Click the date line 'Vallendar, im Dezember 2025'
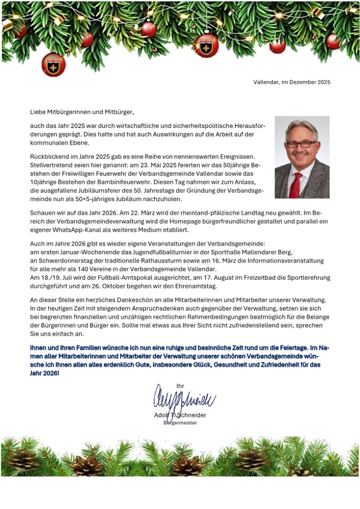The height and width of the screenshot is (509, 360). pyautogui.click(x=292, y=82)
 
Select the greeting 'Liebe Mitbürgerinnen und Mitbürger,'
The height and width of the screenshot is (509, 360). pyautogui.click(x=82, y=112)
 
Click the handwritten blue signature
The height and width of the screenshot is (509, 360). pyautogui.click(x=184, y=398)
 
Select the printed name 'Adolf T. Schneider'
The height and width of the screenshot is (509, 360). pyautogui.click(x=180, y=415)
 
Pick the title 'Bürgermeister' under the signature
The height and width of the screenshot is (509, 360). pyautogui.click(x=180, y=423)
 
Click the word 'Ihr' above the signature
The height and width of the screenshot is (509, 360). pyautogui.click(x=180, y=386)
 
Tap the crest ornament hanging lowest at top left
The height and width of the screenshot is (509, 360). pyautogui.click(x=54, y=65)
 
